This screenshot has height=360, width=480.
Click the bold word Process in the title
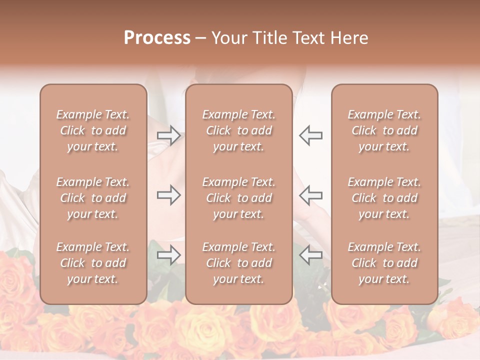pyautogui.click(x=157, y=37)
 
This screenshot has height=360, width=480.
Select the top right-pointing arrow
pyautogui.click(x=168, y=135)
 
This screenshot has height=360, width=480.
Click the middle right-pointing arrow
pyautogui.click(x=168, y=195)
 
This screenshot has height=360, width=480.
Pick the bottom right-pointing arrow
pyautogui.click(x=168, y=255)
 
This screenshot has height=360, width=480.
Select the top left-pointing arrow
pyautogui.click(x=311, y=135)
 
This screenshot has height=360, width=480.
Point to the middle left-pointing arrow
pyautogui.click(x=311, y=195)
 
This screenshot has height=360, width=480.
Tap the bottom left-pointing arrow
pyautogui.click(x=311, y=255)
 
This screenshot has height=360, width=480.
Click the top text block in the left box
pyautogui.click(x=93, y=130)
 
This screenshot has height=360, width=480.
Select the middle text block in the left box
pyautogui.click(x=93, y=198)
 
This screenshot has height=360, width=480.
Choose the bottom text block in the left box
pyautogui.click(x=93, y=263)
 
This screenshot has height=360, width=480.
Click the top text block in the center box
pyautogui.click(x=239, y=130)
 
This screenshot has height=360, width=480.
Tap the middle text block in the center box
pyautogui.click(x=239, y=198)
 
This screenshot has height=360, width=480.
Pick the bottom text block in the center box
pyautogui.click(x=239, y=263)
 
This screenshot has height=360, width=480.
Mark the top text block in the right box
pyautogui.click(x=384, y=130)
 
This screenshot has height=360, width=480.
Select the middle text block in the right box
pyautogui.click(x=384, y=198)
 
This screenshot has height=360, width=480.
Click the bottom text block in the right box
pyautogui.click(x=384, y=263)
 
